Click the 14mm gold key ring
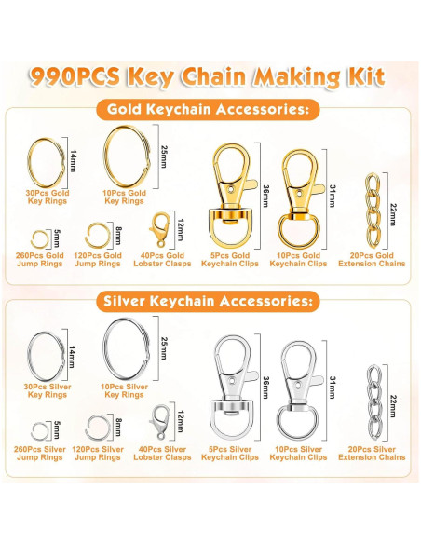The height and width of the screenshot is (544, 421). pyautogui.click(x=29, y=162)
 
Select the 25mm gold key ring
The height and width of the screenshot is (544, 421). pyautogui.click(x=105, y=156)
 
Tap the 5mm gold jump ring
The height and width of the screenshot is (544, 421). pyautogui.click(x=33, y=239)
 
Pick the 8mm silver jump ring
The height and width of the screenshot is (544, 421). pyautogui.click(x=87, y=428)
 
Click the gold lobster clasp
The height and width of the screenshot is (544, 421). pyautogui.click(x=160, y=229)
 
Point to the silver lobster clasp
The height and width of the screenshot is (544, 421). pyautogui.click(x=159, y=422)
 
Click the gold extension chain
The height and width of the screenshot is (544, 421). pyautogui.click(x=373, y=211)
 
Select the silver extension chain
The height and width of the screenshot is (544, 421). pyautogui.click(x=374, y=401)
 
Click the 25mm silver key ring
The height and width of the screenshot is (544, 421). pyautogui.click(x=105, y=348)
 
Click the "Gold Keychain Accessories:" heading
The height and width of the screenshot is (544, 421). pyautogui.click(x=208, y=109)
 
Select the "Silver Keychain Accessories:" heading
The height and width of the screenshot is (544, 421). pyautogui.click(x=208, y=301)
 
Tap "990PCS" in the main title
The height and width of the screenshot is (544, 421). pyautogui.click(x=75, y=76)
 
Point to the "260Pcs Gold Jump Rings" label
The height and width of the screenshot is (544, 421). pyautogui.click(x=40, y=260)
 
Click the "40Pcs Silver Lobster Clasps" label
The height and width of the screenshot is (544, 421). pyautogui.click(x=162, y=453)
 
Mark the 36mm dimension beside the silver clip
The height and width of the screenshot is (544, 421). pyautogui.click(x=266, y=388)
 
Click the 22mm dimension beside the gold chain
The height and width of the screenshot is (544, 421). pyautogui.click(x=393, y=215)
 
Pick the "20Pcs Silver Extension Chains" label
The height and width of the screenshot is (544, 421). pyautogui.click(x=372, y=453)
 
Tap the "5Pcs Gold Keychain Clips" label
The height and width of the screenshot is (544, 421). pyautogui.click(x=230, y=260)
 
